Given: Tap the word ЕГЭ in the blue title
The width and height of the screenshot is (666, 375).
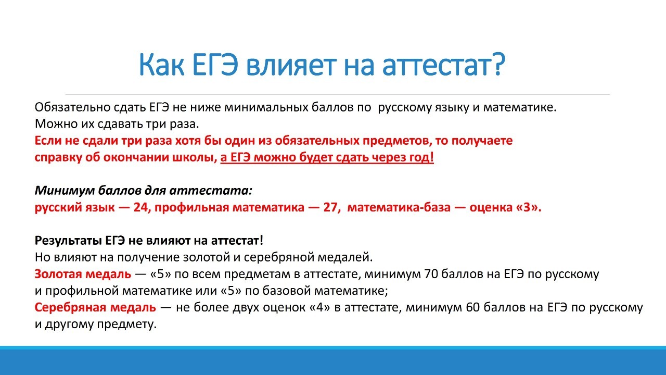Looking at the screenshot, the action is (x=215, y=65).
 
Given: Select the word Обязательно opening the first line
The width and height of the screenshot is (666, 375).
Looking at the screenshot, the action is (x=72, y=107).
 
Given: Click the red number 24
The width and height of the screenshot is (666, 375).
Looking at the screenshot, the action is (x=141, y=207).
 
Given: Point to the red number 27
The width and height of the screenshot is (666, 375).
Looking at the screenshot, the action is (x=331, y=207).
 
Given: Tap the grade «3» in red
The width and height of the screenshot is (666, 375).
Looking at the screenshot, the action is (x=527, y=207).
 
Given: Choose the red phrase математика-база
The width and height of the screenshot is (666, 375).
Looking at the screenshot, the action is (x=399, y=207).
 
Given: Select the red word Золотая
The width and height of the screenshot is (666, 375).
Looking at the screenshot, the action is (x=58, y=274).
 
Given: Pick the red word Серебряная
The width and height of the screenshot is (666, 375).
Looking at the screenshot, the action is (x=70, y=307).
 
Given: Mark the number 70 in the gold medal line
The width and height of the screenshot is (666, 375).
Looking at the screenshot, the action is (x=431, y=274).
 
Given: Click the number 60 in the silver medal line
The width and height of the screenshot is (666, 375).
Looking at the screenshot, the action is (x=473, y=307).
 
